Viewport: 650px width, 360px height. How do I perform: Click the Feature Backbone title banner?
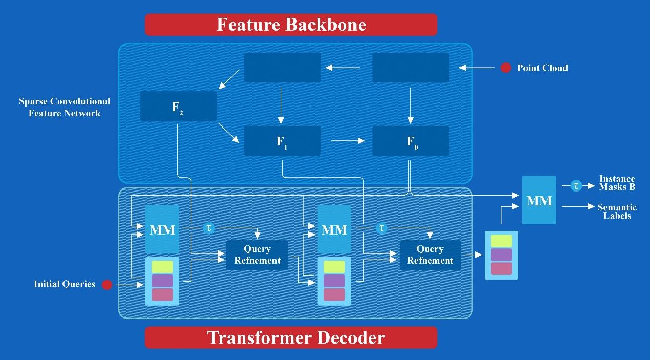coord(291,25)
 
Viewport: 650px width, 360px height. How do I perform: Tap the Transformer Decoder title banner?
coord(291,337)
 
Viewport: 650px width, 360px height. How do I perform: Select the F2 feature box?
coord(178,107)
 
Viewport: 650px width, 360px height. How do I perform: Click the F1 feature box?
coord(282,141)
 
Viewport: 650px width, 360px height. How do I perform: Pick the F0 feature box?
coord(410,141)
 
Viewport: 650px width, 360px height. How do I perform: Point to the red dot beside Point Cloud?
coord(506,68)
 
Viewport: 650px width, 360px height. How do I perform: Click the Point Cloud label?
coord(542,68)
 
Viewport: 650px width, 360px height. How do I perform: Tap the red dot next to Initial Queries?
coord(107,284)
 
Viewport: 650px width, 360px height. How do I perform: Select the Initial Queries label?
coord(65,284)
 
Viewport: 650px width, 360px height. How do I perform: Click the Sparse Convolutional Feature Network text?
coord(65,107)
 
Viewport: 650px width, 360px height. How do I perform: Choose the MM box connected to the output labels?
coord(539,200)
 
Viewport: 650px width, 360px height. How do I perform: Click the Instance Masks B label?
coord(617,183)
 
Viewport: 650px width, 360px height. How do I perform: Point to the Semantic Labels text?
coord(617,211)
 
